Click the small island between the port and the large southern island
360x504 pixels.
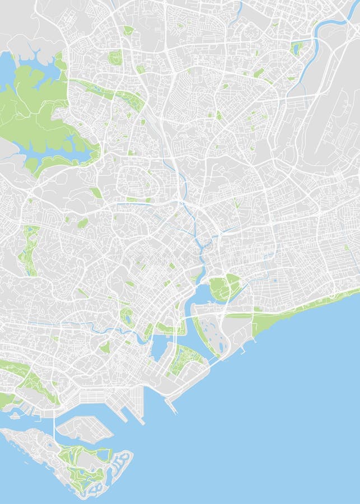(84, 429)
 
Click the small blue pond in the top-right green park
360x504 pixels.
(296, 49)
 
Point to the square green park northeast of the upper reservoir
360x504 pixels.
(115, 57)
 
